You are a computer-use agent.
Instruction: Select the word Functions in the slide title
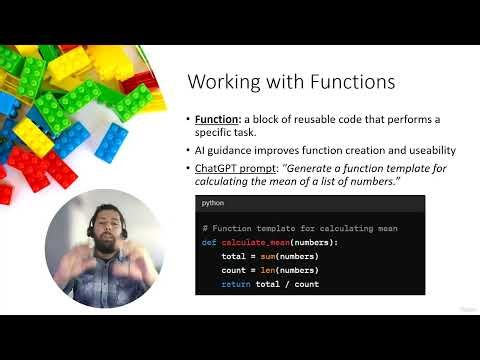coord(345,82)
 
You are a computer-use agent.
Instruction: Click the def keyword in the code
coord(209,243)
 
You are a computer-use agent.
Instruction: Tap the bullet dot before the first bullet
coord(187,120)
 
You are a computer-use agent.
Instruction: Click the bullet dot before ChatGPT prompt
coord(187,168)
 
